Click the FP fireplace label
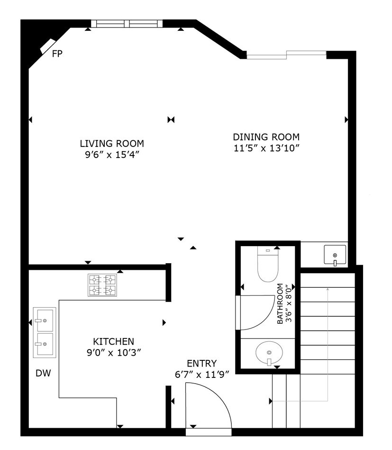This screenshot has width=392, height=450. click(57, 54)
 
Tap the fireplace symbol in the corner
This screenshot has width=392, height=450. click(47, 46)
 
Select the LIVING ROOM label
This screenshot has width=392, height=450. click(112, 143)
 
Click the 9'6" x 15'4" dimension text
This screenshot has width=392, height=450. click(112, 155)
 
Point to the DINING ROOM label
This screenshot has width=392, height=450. click(266, 137)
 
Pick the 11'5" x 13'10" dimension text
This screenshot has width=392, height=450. click(266, 148)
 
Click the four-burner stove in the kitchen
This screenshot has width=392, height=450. click(102, 285)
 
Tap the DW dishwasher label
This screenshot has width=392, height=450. click(43, 373)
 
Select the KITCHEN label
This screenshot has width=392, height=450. click(114, 341)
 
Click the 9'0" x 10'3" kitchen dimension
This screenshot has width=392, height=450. click(114, 352)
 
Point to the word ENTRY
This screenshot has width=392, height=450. click(202, 363)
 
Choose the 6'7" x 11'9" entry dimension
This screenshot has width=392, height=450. click(202, 375)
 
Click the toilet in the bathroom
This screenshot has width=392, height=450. click(268, 264)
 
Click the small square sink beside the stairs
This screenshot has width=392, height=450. click(335, 255)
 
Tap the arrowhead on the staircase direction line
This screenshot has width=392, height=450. click(328, 289)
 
